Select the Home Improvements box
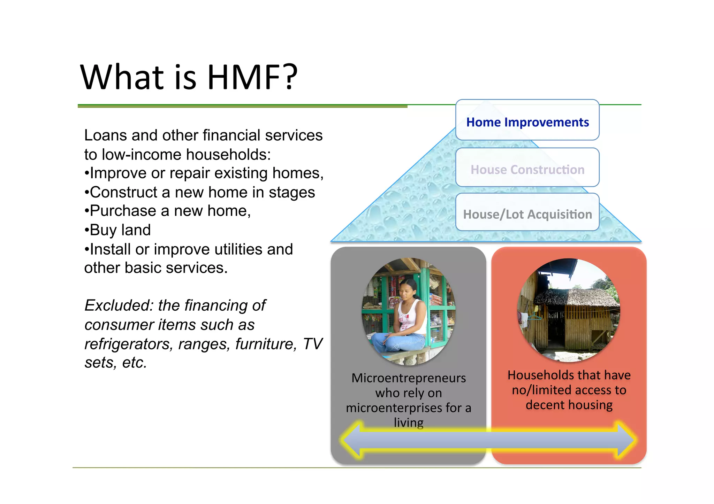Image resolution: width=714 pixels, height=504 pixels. coord(527,122)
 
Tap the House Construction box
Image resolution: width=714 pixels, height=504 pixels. coord(527,170)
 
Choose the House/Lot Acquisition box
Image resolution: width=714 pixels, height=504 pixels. coord(527,214)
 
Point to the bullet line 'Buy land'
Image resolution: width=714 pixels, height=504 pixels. coord(118,230)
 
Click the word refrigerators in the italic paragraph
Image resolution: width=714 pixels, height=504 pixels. coord(129,344)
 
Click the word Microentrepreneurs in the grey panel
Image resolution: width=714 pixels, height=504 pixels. coord(408,378)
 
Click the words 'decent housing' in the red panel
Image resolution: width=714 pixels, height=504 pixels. coord(569,405)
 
